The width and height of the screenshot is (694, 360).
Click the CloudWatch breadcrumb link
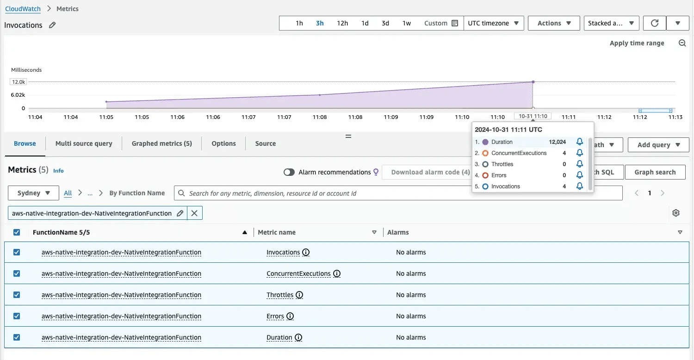23,9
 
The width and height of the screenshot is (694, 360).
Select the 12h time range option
342,23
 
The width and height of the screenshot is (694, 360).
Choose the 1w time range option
407,23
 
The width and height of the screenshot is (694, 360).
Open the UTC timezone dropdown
494,23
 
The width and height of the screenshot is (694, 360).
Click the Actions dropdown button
554,23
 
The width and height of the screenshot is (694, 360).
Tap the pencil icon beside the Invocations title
52,25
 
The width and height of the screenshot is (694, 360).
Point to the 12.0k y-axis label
19,82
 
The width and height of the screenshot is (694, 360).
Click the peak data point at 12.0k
533,82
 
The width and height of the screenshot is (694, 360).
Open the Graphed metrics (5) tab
161,143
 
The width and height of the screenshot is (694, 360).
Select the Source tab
266,143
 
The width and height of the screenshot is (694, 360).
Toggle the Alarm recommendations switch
289,172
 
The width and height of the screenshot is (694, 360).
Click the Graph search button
655,172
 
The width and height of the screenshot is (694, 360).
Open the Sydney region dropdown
34,193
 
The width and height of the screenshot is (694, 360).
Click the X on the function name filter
194,213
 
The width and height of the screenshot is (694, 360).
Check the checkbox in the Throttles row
17,295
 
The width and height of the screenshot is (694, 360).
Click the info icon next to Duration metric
298,337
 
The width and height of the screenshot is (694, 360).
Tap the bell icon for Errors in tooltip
579,175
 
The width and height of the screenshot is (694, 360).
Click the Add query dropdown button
658,145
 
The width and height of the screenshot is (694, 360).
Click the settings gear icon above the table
676,213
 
